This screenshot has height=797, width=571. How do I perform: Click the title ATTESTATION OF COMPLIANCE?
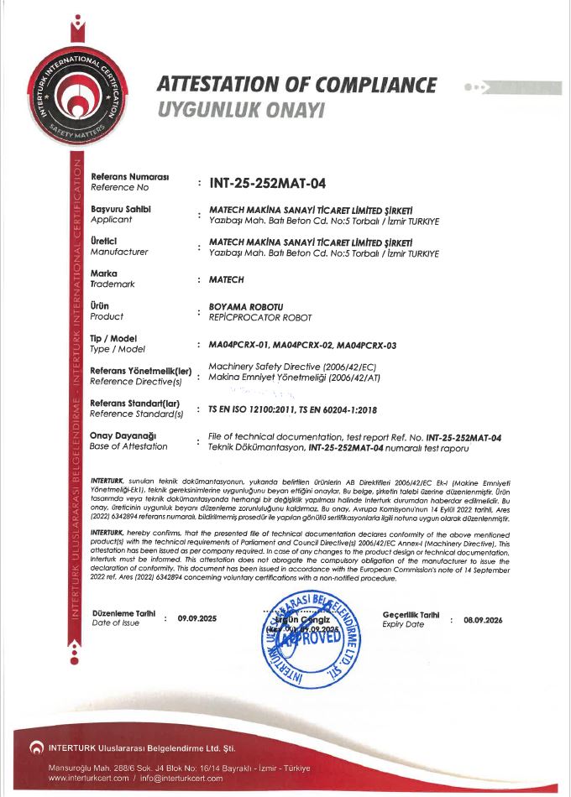296,86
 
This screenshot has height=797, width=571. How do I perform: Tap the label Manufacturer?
118,251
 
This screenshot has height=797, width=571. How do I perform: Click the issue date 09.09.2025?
196,619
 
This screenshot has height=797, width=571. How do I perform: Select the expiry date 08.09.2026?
483,620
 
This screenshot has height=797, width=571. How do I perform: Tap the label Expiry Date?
403,625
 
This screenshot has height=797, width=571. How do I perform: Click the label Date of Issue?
117,622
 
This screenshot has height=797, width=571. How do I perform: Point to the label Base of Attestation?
128,445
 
